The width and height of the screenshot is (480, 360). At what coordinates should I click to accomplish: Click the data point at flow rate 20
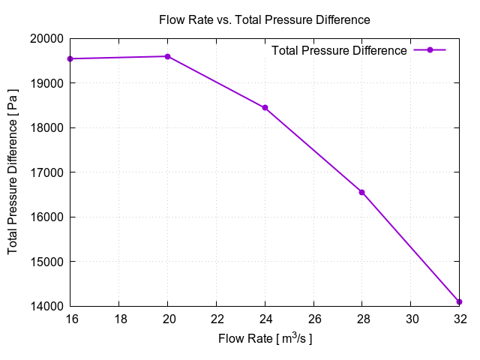(x=167, y=56)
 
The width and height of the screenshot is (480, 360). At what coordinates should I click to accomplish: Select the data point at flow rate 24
(x=265, y=108)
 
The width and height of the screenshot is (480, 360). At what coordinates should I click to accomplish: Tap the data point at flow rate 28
(x=361, y=192)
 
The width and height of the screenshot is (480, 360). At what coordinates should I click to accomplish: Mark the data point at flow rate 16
(x=70, y=58)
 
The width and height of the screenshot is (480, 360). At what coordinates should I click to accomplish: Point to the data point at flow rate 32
(x=459, y=301)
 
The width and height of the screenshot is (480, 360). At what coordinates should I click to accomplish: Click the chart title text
(x=265, y=19)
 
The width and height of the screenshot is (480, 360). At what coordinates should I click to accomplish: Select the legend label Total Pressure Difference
(x=339, y=50)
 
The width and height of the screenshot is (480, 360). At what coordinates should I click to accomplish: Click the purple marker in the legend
(x=430, y=50)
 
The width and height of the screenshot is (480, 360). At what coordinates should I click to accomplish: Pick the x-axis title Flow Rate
(x=265, y=339)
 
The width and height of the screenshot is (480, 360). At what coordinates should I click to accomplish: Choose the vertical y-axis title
(x=13, y=172)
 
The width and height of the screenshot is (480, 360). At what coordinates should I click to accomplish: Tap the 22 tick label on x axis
(x=216, y=319)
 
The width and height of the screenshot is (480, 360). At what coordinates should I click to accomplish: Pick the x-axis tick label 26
(x=313, y=319)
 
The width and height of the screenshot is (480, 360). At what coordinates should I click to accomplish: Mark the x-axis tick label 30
(x=410, y=319)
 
